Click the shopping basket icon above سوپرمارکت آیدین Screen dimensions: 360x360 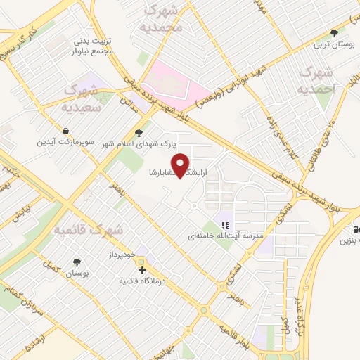click(x=65, y=131)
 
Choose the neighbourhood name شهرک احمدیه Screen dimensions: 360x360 click(x=314, y=81)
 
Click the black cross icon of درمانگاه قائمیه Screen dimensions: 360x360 click(x=143, y=270)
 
